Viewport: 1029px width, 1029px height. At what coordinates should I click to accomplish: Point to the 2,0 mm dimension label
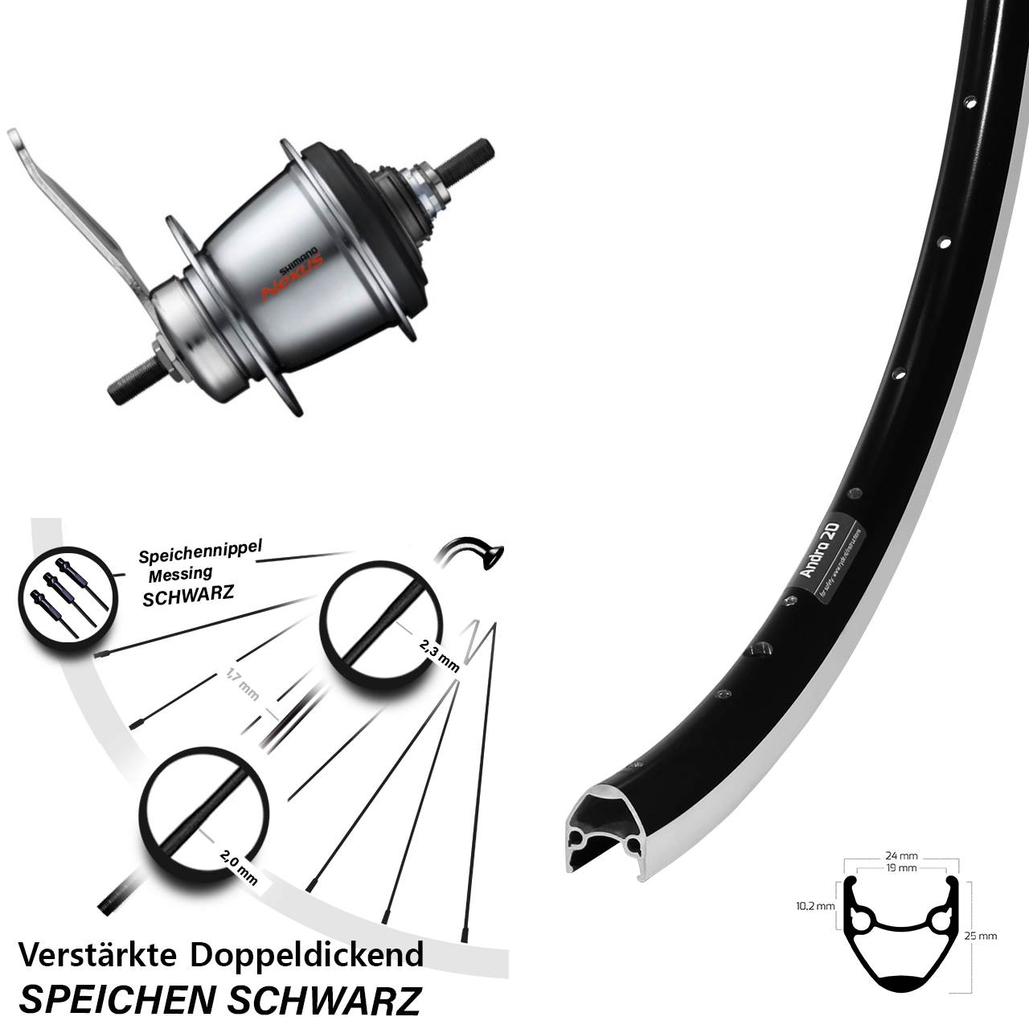click(x=238, y=867)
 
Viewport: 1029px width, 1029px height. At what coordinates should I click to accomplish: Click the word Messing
click(x=180, y=573)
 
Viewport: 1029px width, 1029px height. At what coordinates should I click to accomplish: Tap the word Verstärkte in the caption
click(x=98, y=954)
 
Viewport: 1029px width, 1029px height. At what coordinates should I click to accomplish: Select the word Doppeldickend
click(x=306, y=956)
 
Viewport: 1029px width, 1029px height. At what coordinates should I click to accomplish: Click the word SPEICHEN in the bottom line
click(x=116, y=1000)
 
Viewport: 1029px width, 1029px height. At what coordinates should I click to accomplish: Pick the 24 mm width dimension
click(x=904, y=856)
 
